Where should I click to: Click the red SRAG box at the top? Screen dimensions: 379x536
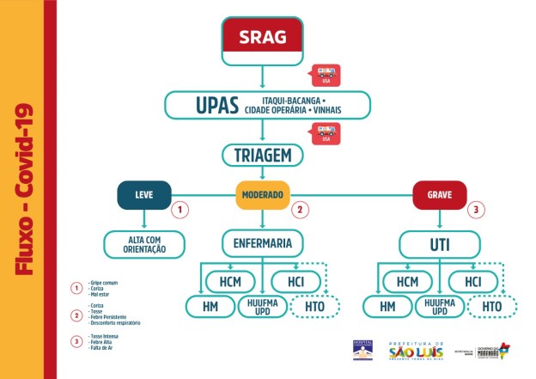tap(264, 38)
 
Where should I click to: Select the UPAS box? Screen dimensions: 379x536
tap(267, 105)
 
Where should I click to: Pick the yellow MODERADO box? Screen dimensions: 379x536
tap(262, 194)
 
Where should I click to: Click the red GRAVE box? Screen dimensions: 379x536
tap(439, 194)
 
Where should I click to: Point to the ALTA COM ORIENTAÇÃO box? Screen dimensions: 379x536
tap(144, 244)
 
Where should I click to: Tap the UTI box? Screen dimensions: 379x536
tap(439, 244)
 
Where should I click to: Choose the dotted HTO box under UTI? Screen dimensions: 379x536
tap(491, 306)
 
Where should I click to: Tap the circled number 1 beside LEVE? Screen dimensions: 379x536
tap(180, 209)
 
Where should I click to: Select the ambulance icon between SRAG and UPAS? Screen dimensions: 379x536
tap(326, 74)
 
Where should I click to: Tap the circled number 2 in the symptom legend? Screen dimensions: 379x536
tap(76, 315)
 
